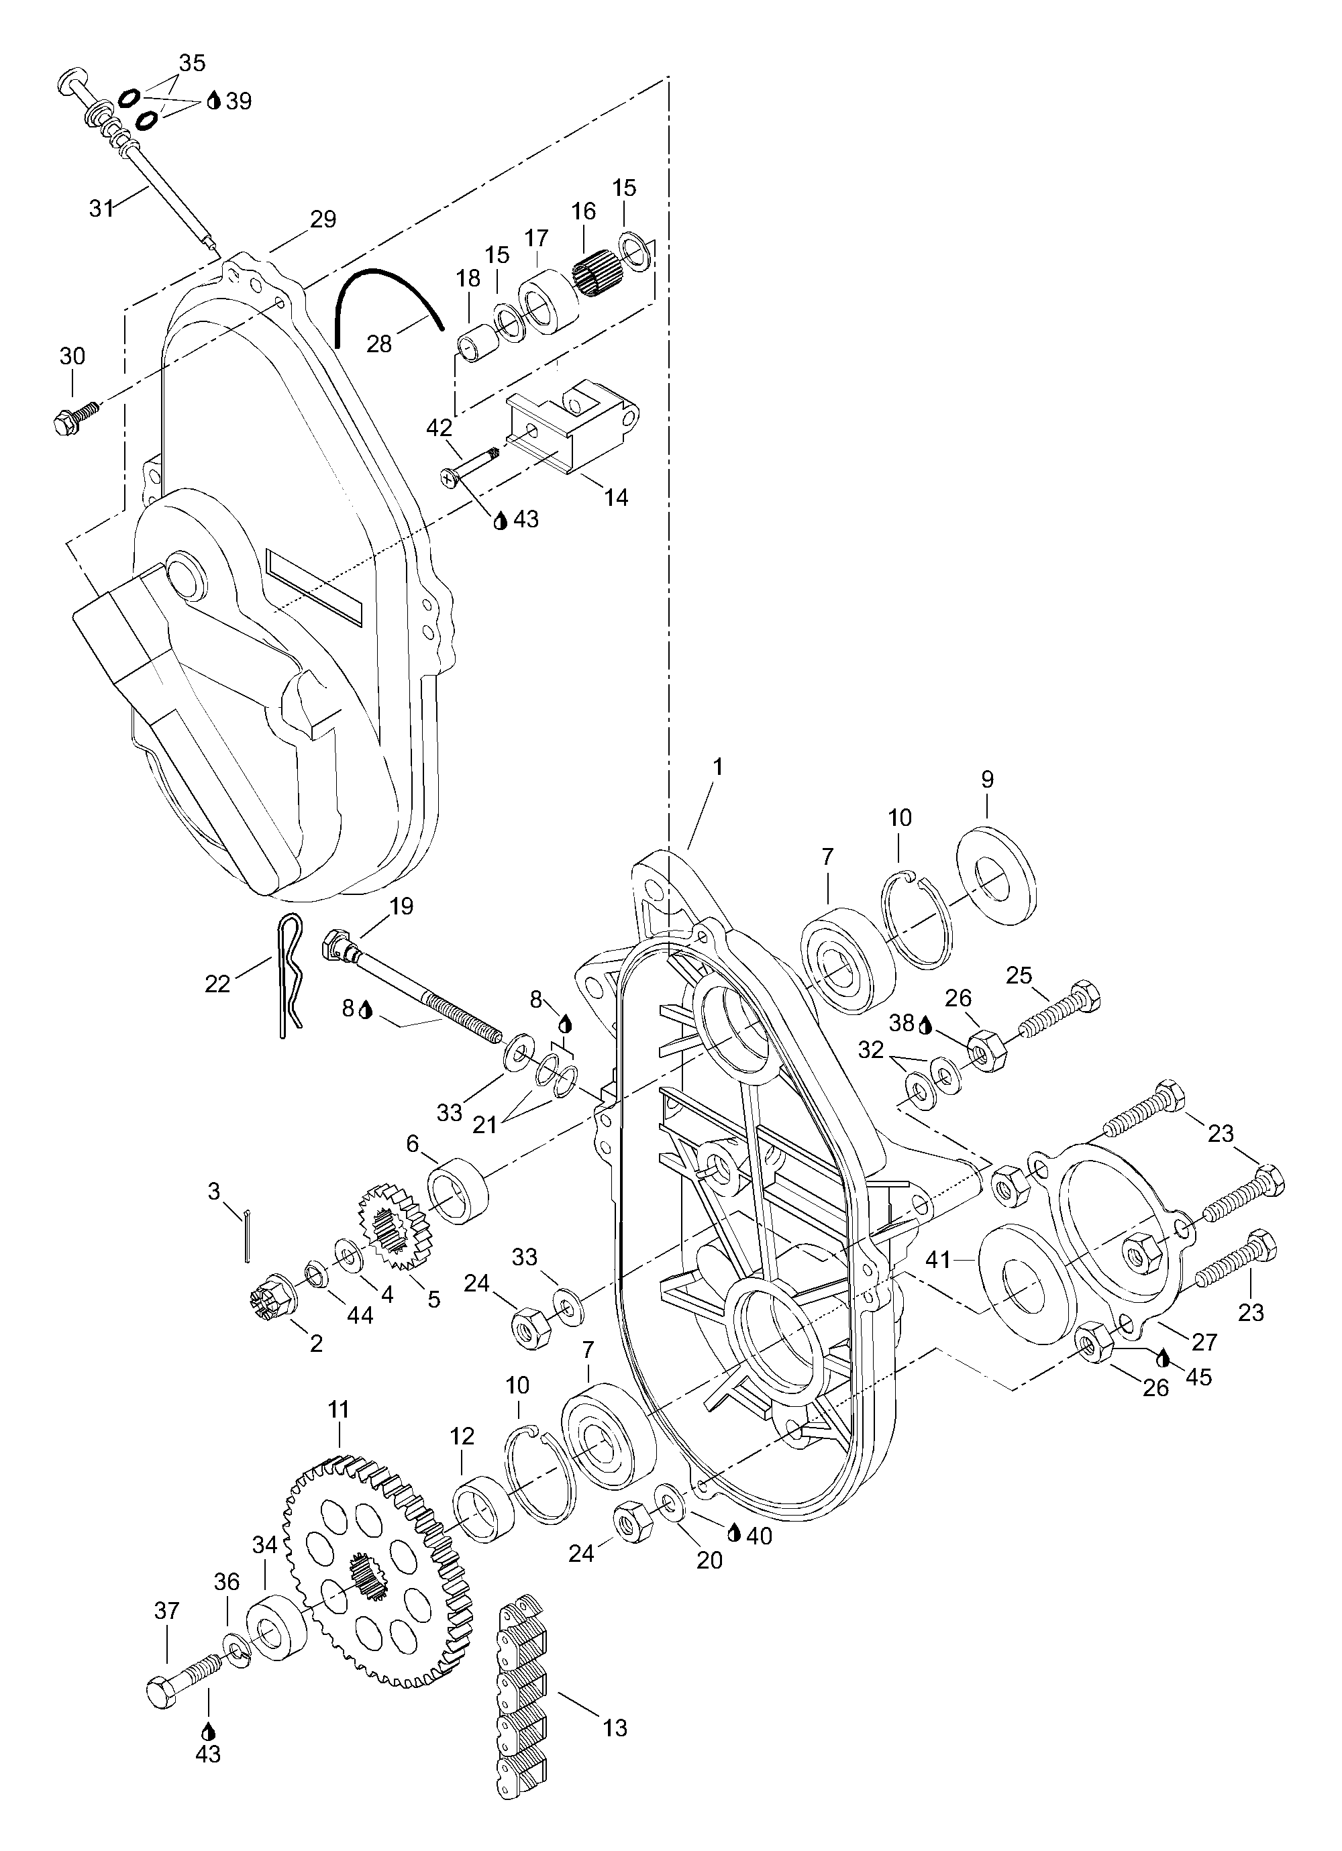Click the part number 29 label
[x=323, y=219]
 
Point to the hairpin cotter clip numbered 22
[x=287, y=976]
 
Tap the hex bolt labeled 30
[x=74, y=415]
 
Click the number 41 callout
[x=938, y=1282]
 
